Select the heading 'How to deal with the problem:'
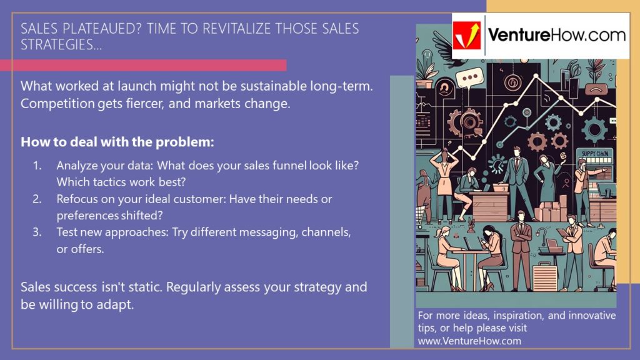click(117, 142)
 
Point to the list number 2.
click(37, 199)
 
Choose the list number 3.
click(37, 232)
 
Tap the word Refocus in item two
click(79, 199)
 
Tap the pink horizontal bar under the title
click(143, 65)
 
